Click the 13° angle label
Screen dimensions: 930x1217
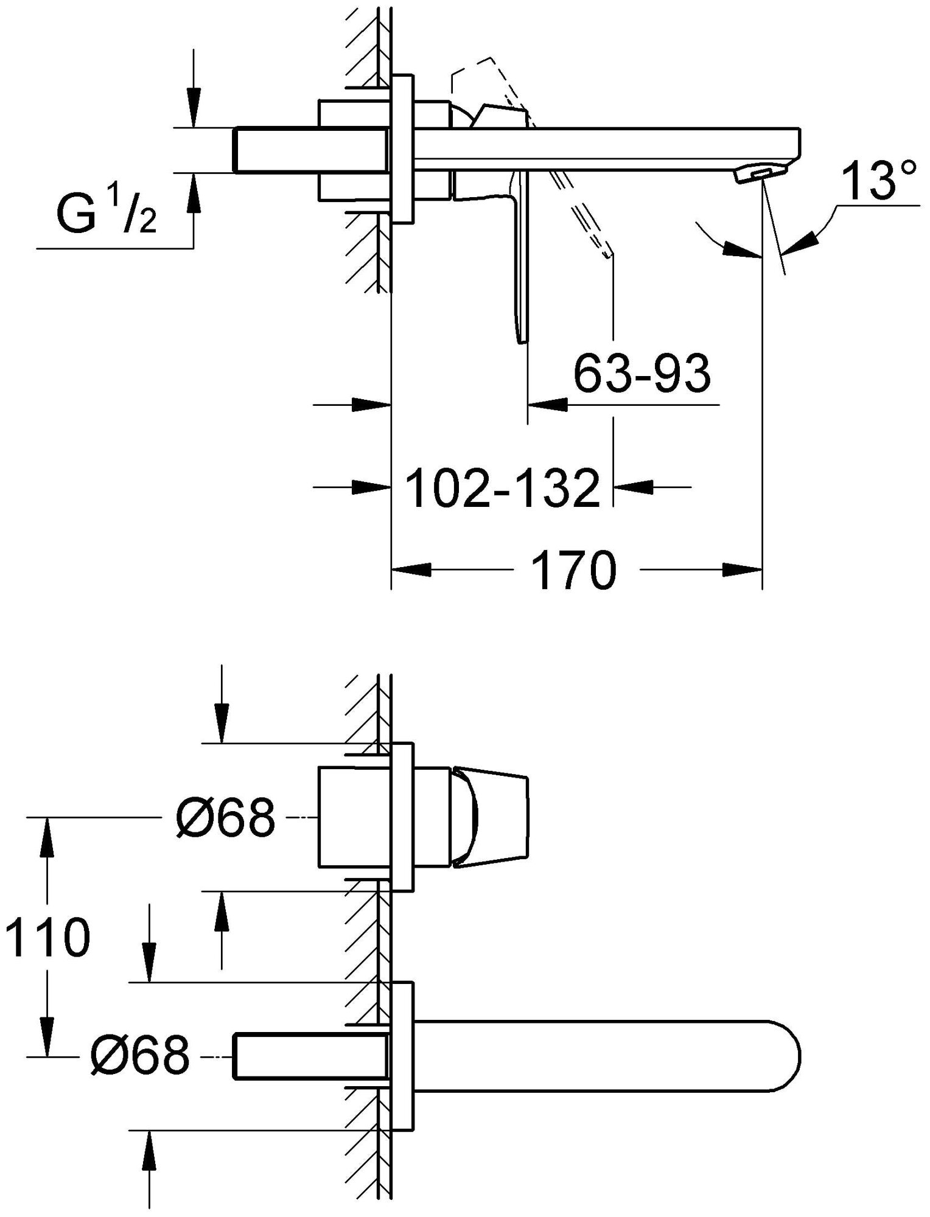(x=880, y=181)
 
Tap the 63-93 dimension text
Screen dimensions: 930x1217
(x=643, y=374)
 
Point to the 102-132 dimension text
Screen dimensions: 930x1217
(x=503, y=488)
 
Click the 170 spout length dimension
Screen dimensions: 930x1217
(x=574, y=570)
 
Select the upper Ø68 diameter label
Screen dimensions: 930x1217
(x=226, y=817)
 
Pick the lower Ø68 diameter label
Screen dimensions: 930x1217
(x=140, y=1056)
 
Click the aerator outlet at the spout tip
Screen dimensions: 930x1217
(x=761, y=175)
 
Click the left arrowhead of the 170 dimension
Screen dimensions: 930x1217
(x=409, y=570)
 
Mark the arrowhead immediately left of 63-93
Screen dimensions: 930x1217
(x=546, y=403)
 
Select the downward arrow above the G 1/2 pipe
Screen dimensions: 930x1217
(x=194, y=110)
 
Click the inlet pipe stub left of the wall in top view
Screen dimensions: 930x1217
(x=310, y=150)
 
